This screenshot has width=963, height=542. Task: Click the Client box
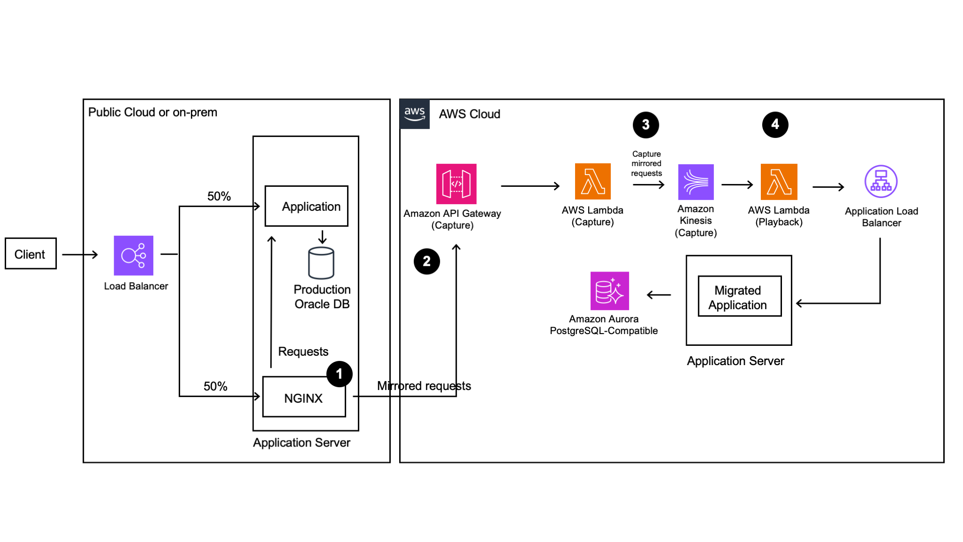(31, 254)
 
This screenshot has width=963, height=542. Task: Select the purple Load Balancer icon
(134, 255)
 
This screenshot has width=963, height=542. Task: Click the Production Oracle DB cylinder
(321, 263)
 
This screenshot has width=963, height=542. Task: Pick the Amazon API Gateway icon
(456, 184)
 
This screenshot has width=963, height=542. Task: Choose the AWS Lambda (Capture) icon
(592, 182)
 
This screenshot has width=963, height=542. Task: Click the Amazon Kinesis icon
(695, 182)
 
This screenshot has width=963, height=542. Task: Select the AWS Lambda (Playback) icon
(779, 182)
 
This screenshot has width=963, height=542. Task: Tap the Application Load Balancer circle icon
(881, 182)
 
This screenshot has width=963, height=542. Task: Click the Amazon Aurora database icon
(609, 291)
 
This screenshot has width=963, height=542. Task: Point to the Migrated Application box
(739, 296)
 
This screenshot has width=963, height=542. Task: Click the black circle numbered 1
(339, 374)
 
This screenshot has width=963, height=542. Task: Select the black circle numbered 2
(426, 262)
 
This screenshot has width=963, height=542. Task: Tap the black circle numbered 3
(646, 125)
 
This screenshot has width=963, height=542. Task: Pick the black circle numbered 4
(775, 125)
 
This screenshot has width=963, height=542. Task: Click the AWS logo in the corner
(414, 114)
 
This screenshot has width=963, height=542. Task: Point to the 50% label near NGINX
(215, 386)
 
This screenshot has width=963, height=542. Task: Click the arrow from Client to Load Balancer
(80, 255)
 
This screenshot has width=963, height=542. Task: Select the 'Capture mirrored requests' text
(646, 164)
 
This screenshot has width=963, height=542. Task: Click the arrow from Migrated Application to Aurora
(659, 295)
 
